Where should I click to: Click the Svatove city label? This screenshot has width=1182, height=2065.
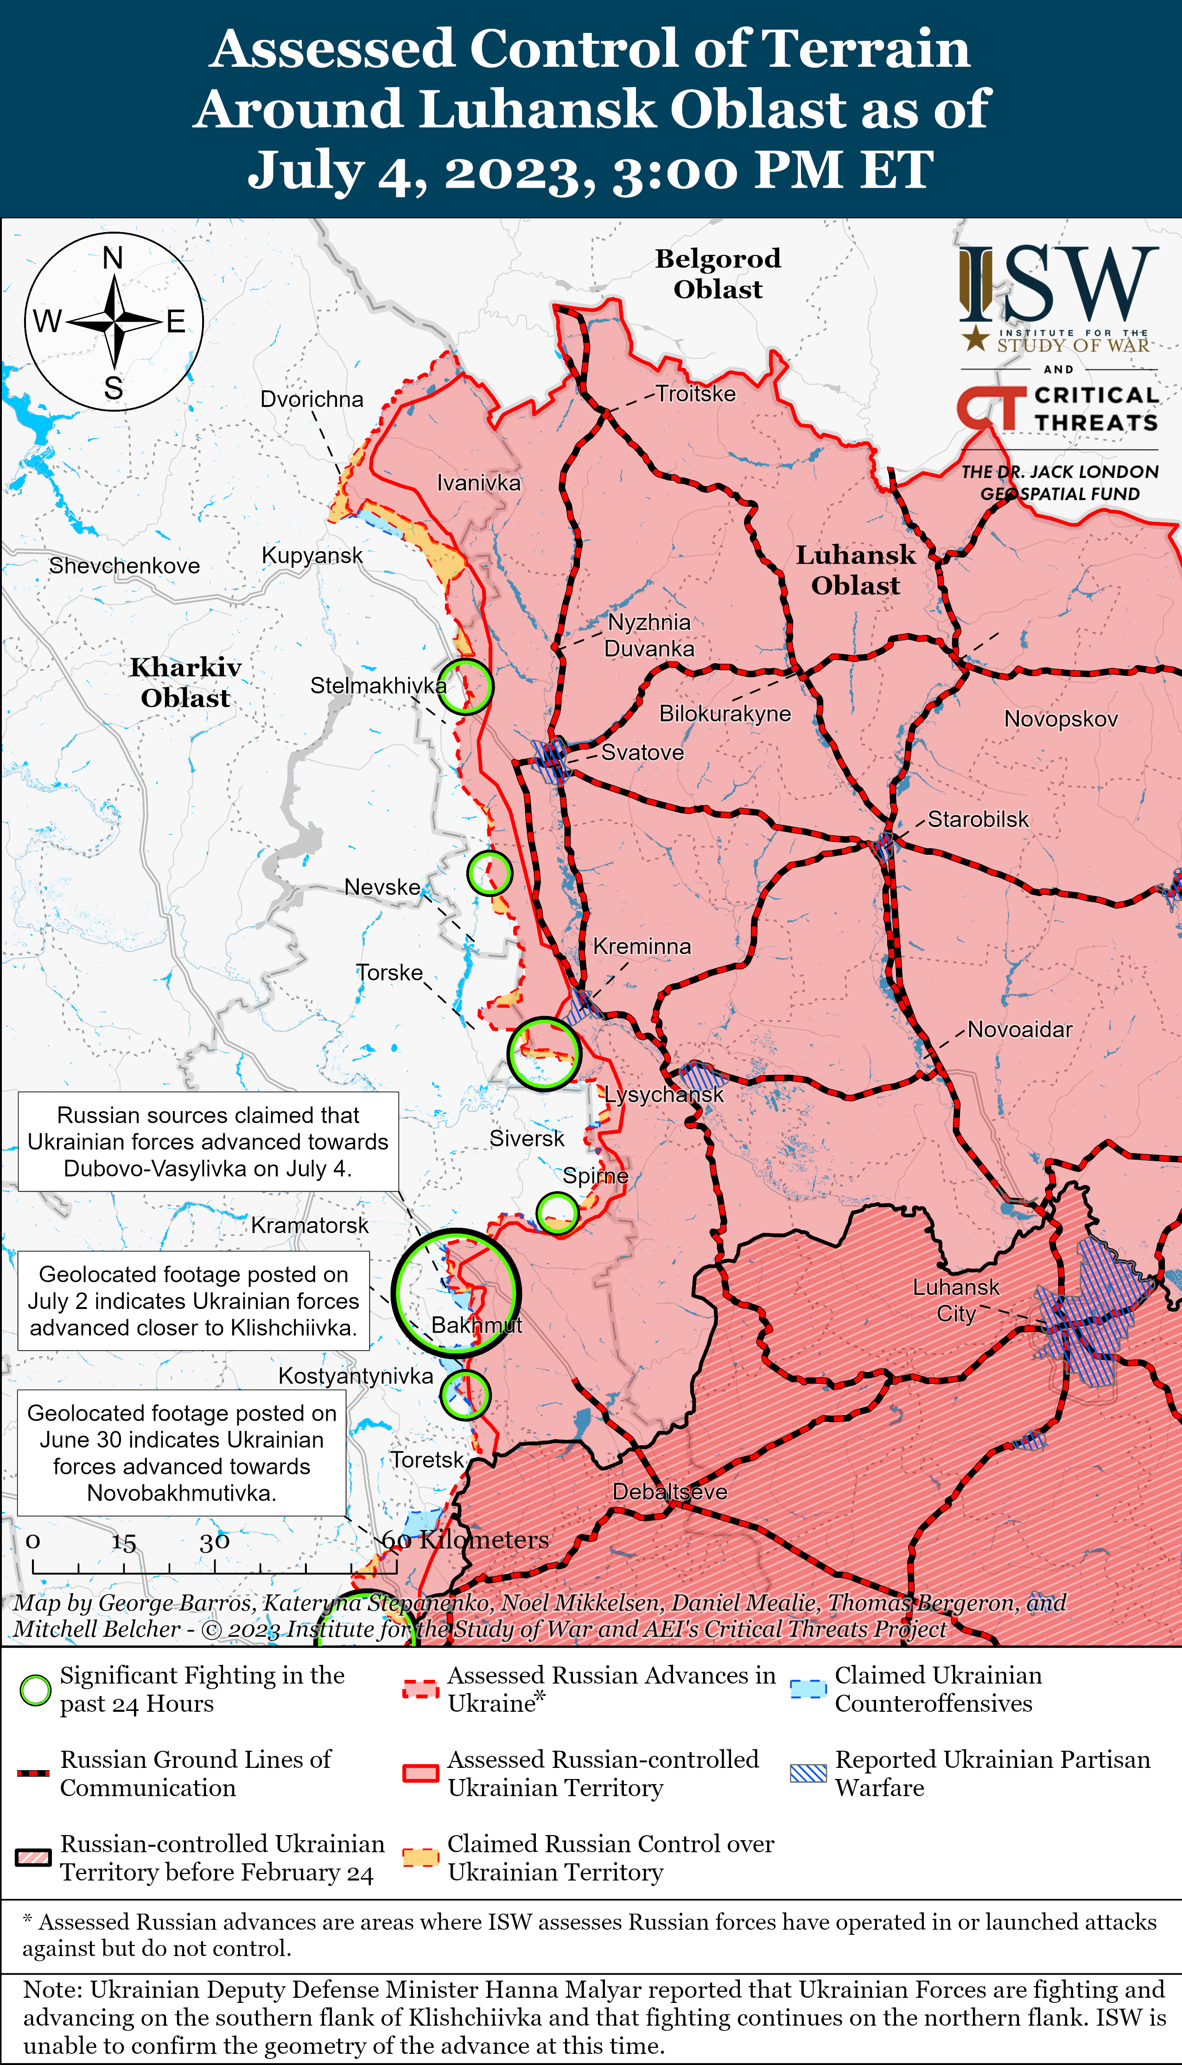pyautogui.click(x=642, y=752)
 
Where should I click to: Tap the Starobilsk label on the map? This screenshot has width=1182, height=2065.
pyautogui.click(x=978, y=819)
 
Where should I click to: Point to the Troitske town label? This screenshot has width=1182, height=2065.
pyautogui.click(x=696, y=394)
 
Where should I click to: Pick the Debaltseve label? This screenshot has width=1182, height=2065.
pyautogui.click(x=670, y=1491)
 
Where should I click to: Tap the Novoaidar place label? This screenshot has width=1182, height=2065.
pyautogui.click(x=1020, y=1029)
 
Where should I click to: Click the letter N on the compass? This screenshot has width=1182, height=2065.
pyautogui.click(x=113, y=258)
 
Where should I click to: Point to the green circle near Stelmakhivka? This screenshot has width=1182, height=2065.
pyautogui.click(x=465, y=686)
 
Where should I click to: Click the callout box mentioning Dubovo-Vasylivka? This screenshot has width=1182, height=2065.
pyautogui.click(x=208, y=1141)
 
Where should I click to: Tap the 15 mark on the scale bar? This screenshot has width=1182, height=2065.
pyautogui.click(x=123, y=1542)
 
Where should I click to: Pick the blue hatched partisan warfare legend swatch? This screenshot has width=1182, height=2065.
pyautogui.click(x=808, y=1773)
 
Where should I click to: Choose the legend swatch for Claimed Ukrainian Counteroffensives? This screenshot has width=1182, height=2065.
pyautogui.click(x=808, y=1689)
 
